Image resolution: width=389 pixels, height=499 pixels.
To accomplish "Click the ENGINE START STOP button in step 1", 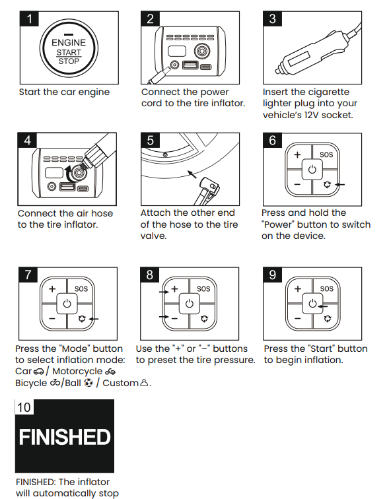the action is (x=69, y=48).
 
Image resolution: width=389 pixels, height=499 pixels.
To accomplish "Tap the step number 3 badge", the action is (x=273, y=18).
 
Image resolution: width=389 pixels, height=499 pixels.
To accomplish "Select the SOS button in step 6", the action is (x=326, y=154).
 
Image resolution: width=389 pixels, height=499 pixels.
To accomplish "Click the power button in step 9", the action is (x=312, y=304).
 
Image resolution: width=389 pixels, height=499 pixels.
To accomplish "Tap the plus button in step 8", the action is (x=174, y=289).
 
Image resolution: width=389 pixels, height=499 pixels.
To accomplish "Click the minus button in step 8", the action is (x=174, y=318).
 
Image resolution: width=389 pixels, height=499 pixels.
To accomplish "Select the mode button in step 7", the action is (x=82, y=318).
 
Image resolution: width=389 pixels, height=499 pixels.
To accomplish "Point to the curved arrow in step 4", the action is (x=69, y=173).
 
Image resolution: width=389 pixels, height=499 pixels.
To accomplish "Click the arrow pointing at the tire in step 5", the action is (x=192, y=174).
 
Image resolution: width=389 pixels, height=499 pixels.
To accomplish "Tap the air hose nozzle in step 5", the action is (x=207, y=190).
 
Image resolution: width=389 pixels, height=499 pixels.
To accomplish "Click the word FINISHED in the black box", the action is (x=65, y=437).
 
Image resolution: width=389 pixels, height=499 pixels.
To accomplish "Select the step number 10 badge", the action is (x=24, y=407).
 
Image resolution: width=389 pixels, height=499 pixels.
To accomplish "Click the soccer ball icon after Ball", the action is (x=88, y=383).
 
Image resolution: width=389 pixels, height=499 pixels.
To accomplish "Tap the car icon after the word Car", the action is (x=38, y=372).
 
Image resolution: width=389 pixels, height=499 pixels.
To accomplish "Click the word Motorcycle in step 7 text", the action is (x=77, y=372).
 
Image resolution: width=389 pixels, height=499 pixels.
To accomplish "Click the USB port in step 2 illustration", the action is (x=190, y=65).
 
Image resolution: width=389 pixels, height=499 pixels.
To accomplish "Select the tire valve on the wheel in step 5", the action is (x=165, y=155).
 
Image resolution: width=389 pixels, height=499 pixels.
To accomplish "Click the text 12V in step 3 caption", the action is (x=311, y=115).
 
